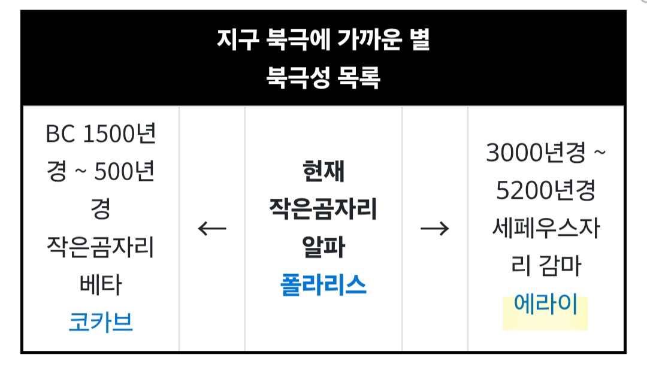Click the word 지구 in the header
pyautogui.click(x=238, y=40)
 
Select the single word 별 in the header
pyautogui.click(x=420, y=40)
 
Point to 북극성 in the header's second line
pyautogui.click(x=298, y=77)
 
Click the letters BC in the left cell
pyautogui.click(x=61, y=134)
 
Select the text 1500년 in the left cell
pyautogui.click(x=119, y=134)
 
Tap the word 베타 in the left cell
pyautogui.click(x=101, y=284)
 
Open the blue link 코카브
pyautogui.click(x=101, y=322)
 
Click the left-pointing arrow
pyautogui.click(x=212, y=228)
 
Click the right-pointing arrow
pyautogui.click(x=435, y=228)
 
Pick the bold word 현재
pyautogui.click(x=323, y=171)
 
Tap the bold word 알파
pyautogui.click(x=323, y=247)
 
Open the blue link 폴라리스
pyautogui.click(x=323, y=284)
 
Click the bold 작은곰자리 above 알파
pyautogui.click(x=323, y=209)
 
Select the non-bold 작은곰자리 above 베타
pyautogui.click(x=101, y=247)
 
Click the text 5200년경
pyautogui.click(x=546, y=190)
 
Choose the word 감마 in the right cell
pyautogui.click(x=561, y=266)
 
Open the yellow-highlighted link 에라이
pyautogui.click(x=546, y=304)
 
